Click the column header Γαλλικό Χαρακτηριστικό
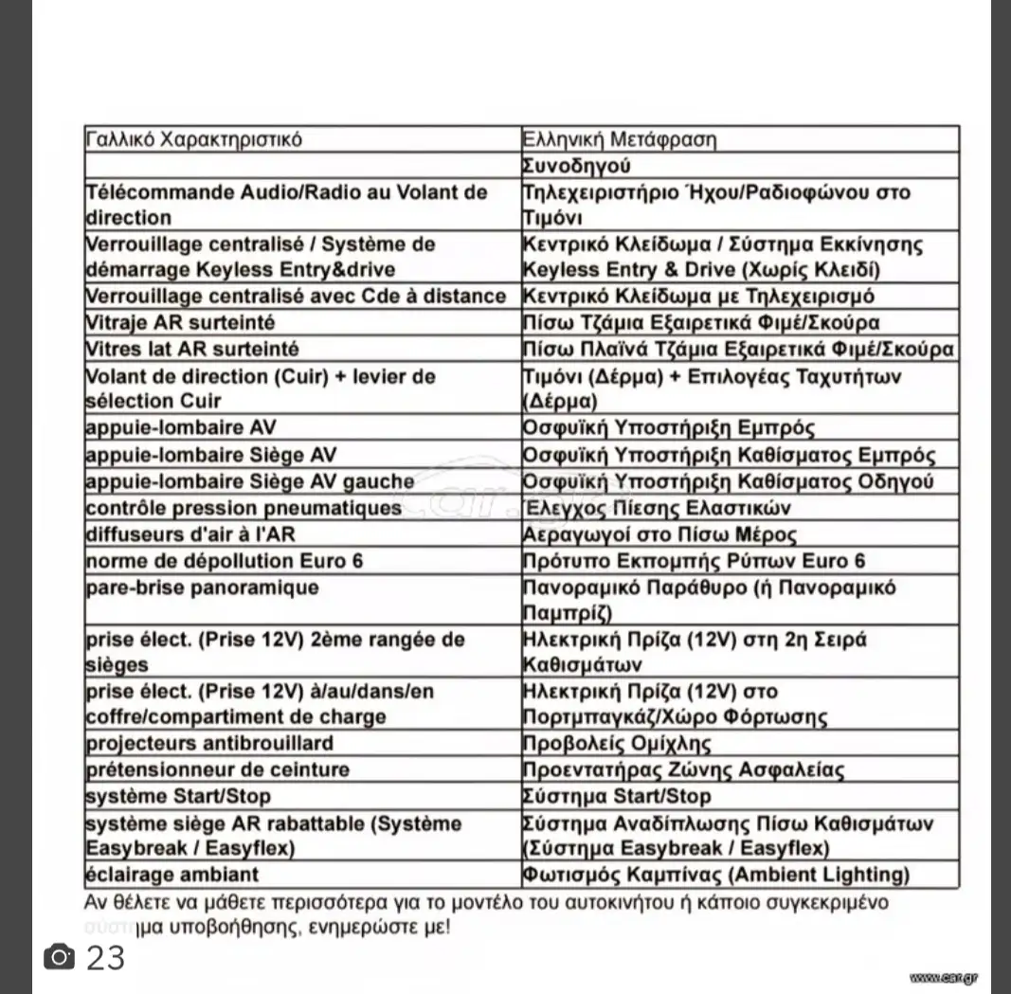point(194,139)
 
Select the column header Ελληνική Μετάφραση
point(620,140)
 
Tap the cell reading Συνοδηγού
point(577,166)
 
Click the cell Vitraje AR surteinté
point(180,322)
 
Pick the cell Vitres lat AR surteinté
point(192,349)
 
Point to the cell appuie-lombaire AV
point(181,428)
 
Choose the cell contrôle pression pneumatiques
point(244,508)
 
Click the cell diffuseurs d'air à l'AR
point(190,534)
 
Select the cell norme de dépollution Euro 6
point(225,561)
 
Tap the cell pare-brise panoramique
point(203,587)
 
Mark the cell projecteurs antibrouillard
point(209,743)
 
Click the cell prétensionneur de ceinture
point(217,769)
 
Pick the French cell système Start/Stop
point(178,796)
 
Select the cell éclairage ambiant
point(172,875)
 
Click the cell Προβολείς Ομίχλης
point(617,744)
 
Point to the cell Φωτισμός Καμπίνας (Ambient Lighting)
point(716,875)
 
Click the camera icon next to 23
point(60,957)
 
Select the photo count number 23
point(105,958)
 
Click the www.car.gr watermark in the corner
point(944,977)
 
